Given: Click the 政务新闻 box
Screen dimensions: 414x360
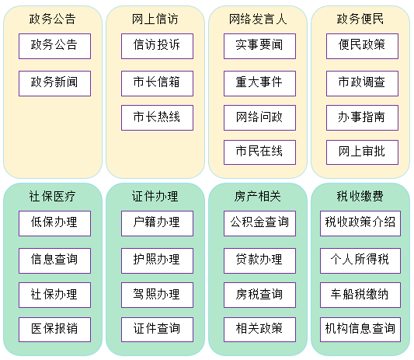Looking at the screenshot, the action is coord(54,83).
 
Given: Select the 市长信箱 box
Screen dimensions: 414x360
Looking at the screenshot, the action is coord(157,83).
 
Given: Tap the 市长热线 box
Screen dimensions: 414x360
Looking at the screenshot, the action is coord(157,118).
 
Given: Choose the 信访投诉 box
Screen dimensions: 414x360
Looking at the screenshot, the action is coord(157,46).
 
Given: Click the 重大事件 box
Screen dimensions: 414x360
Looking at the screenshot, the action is coord(259,83).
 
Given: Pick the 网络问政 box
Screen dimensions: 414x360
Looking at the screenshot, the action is coord(259,118).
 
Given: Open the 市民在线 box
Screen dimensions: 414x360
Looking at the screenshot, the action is coord(259,152).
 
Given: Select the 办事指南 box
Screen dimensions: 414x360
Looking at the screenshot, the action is coord(362,118).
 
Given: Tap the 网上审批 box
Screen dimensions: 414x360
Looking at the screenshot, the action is coord(362,152).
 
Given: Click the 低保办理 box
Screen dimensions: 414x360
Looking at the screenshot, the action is coord(54,224).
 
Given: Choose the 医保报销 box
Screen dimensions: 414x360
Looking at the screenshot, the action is coord(54,330).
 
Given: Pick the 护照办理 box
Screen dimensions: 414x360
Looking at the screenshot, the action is coord(157,261).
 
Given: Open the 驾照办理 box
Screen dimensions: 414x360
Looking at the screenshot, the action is coord(157,295).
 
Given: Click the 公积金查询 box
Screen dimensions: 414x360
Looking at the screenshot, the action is coord(259,224).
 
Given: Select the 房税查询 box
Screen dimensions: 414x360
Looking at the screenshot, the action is coord(259,295).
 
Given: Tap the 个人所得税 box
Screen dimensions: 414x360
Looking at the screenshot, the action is coord(360,261).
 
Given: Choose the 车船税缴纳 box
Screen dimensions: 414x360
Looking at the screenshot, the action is coord(360,295).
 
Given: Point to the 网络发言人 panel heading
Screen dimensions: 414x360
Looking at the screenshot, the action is coord(258,19).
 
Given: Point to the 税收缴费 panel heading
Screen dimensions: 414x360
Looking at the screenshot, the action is coord(360,197).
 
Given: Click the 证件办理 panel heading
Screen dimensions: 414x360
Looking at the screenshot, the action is coord(155,197).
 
